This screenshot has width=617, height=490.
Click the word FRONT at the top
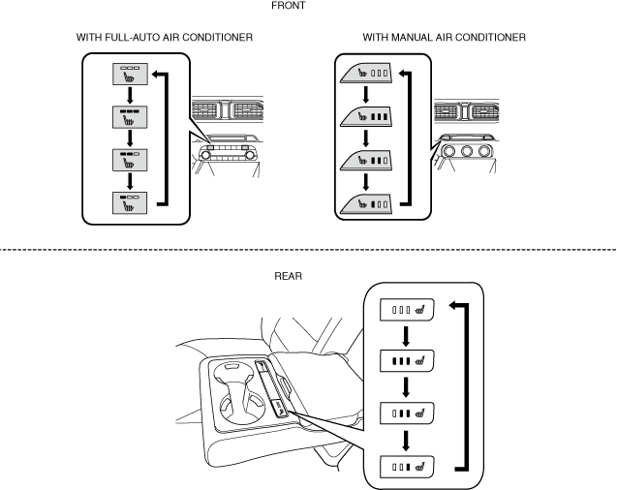coord(288,6)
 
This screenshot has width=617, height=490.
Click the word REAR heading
coord(288,276)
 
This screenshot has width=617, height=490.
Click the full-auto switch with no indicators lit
coord(130,74)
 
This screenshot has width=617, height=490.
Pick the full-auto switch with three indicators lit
coord(130,117)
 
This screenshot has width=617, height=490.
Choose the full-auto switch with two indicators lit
coord(130,160)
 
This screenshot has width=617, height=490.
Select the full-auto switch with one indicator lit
coord(130,203)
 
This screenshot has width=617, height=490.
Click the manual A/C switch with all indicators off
coord(366,74)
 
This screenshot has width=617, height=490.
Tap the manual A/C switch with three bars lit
coord(366,117)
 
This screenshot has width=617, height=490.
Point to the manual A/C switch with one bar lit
coord(366,204)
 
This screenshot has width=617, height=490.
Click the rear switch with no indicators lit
coord(407,310)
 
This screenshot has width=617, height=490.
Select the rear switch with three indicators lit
coord(407,360)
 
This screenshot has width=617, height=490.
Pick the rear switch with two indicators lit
coord(407,413)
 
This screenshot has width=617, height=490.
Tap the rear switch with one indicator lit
coord(407,467)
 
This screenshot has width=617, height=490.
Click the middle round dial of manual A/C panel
coord(466,151)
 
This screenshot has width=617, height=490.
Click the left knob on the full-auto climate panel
coord(205,155)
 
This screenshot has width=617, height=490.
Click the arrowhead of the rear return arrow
coord(452,305)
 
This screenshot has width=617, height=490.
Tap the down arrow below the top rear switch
coord(407,336)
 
